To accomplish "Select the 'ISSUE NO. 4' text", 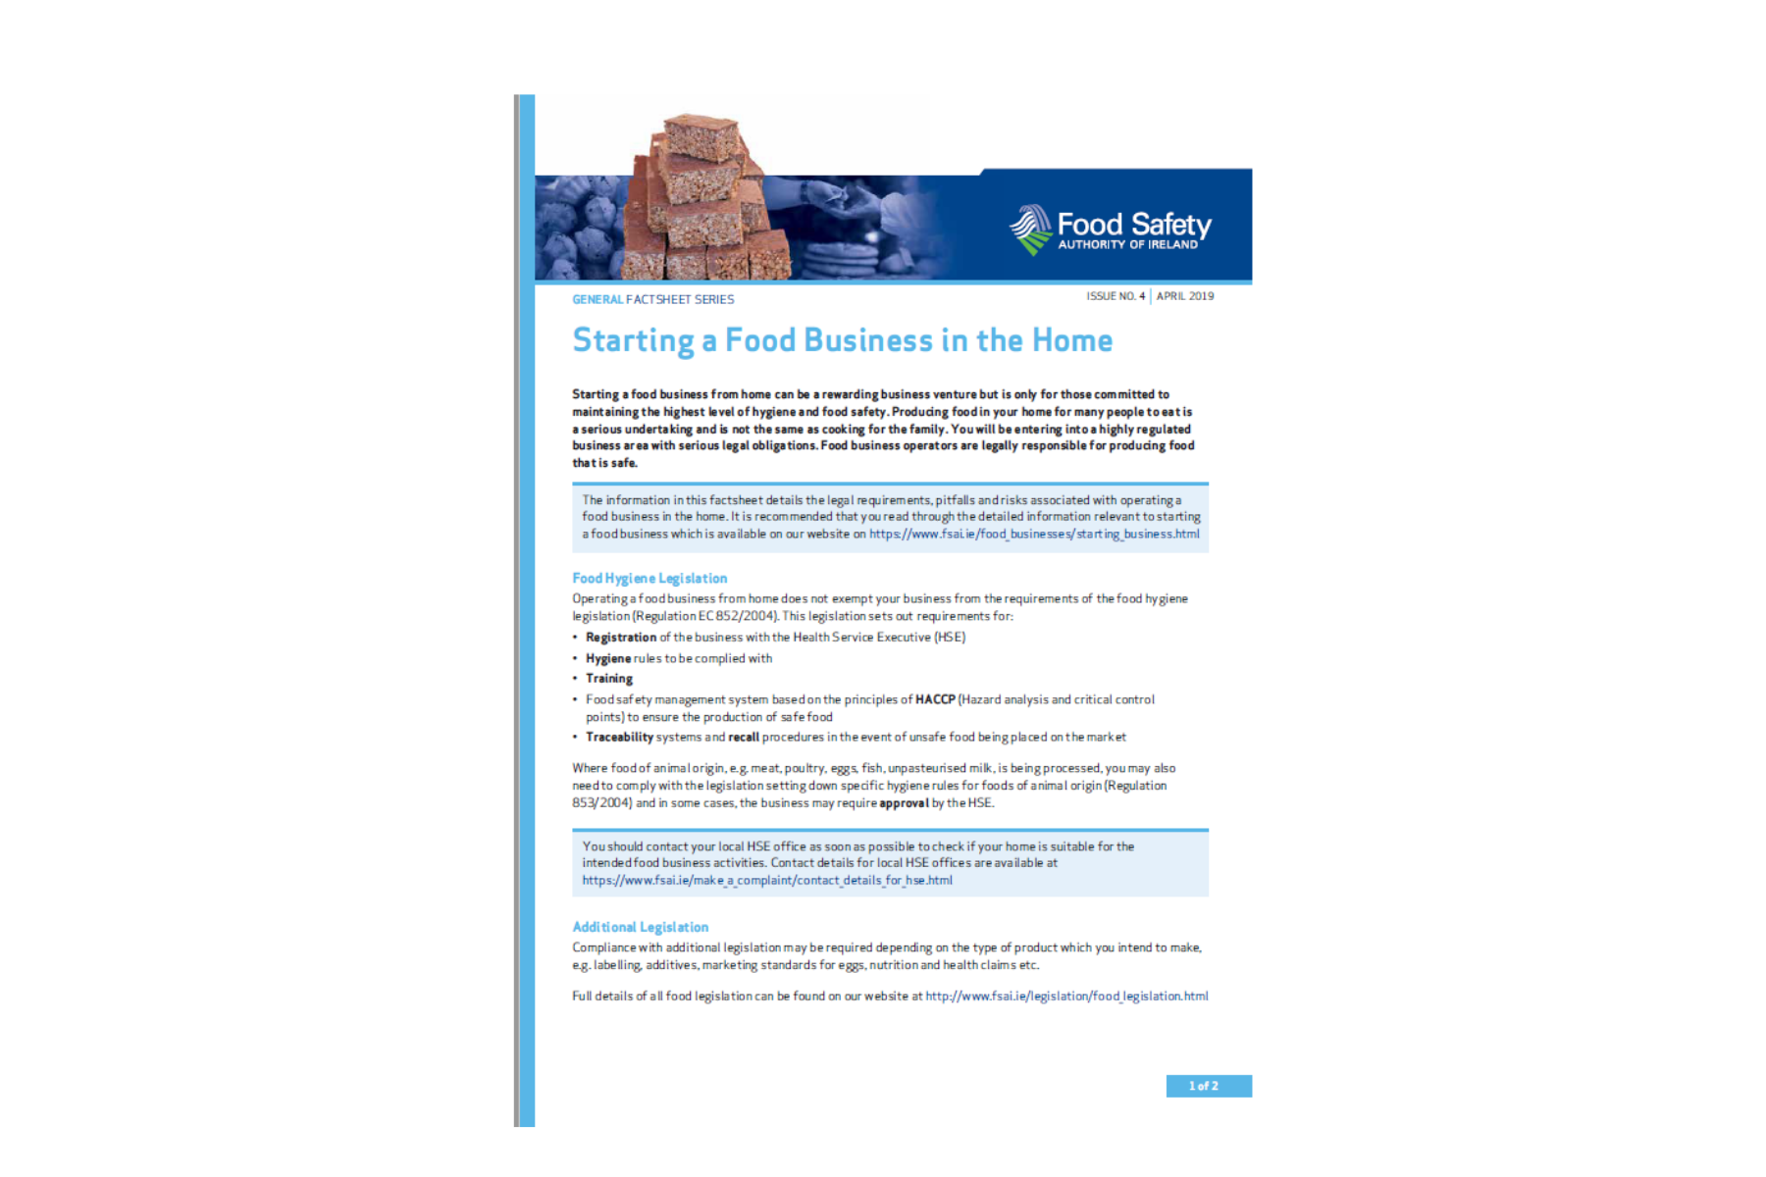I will [x=1115, y=296].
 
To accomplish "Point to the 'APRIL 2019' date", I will [x=1184, y=296].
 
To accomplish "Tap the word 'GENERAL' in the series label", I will [x=597, y=299].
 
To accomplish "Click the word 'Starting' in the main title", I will [x=633, y=340].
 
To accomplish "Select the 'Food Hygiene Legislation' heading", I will [x=649, y=579].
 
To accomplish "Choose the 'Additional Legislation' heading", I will [x=640, y=927].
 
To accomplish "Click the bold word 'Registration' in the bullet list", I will [x=621, y=638].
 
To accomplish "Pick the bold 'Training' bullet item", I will [x=609, y=679].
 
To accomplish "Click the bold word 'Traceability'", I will [x=619, y=738].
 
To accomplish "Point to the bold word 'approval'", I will [x=904, y=803].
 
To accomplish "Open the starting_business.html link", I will [x=1033, y=535].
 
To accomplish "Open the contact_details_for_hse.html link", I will [x=766, y=881].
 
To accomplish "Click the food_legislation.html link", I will [x=1066, y=997].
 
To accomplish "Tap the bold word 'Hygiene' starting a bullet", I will [x=608, y=659].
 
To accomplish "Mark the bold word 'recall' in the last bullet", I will [x=744, y=738].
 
